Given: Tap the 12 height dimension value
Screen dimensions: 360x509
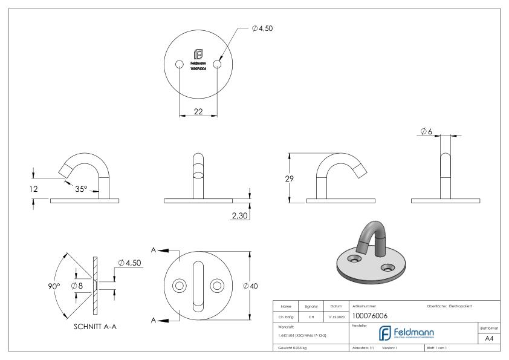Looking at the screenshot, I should [34, 189].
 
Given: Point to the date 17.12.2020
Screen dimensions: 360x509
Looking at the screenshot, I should [336, 316].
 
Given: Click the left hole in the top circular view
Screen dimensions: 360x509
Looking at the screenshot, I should [180, 65].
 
